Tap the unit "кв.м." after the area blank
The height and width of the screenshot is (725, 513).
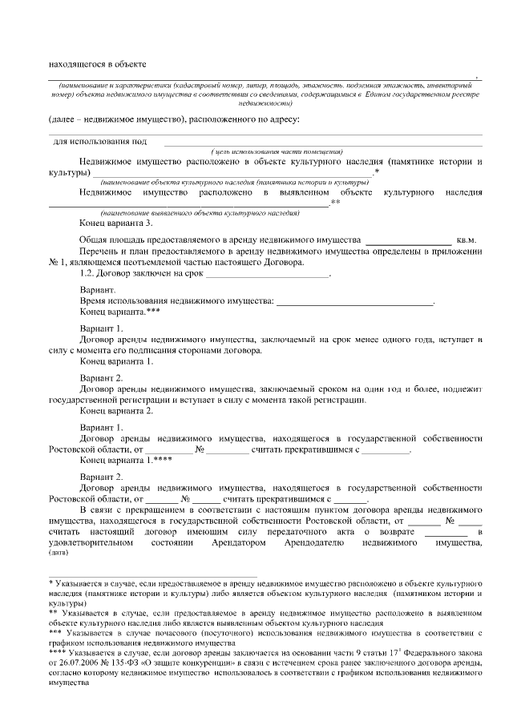coord(467,240)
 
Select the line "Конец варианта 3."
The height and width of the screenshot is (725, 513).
coord(116,223)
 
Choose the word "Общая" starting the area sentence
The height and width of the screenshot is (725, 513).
coord(95,240)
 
